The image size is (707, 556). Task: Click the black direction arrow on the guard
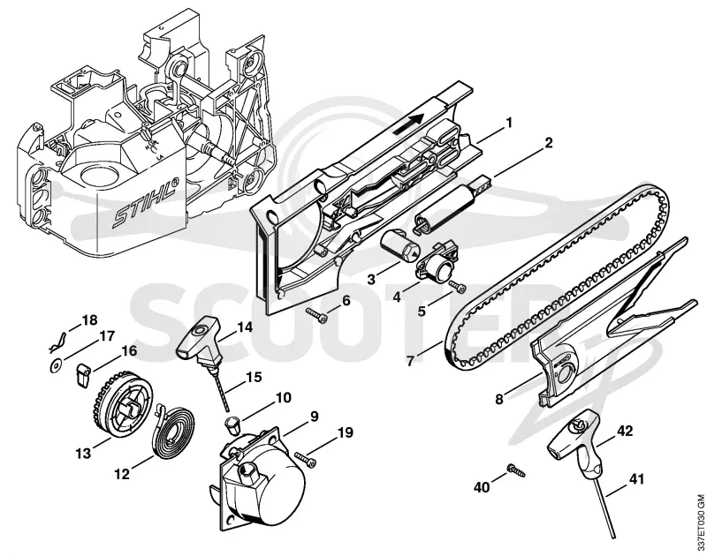408,123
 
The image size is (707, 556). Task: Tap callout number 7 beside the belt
410,361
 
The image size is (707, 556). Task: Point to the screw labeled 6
316,315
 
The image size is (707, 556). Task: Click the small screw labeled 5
457,286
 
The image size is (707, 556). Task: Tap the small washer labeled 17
55,367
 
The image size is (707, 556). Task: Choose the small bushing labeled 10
232,425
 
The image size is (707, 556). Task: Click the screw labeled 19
306,459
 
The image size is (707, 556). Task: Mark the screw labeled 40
515,470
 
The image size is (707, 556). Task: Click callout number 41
635,480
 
